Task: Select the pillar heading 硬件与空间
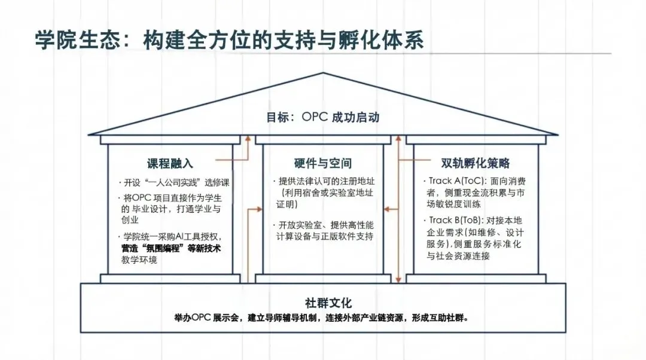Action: [322, 163]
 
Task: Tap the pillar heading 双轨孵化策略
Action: [475, 163]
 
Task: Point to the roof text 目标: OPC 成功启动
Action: [322, 117]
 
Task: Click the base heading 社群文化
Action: [323, 302]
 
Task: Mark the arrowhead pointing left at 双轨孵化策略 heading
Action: [403, 160]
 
